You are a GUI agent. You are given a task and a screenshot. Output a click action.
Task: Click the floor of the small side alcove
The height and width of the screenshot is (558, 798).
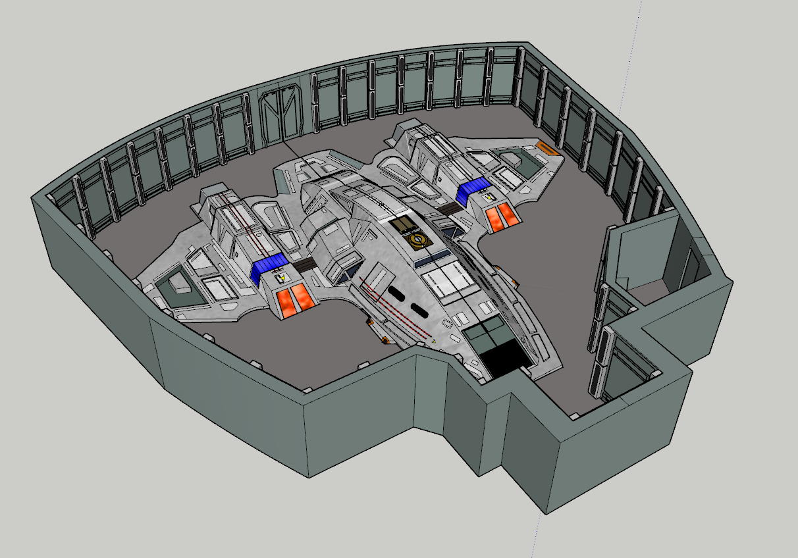click(648, 290)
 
